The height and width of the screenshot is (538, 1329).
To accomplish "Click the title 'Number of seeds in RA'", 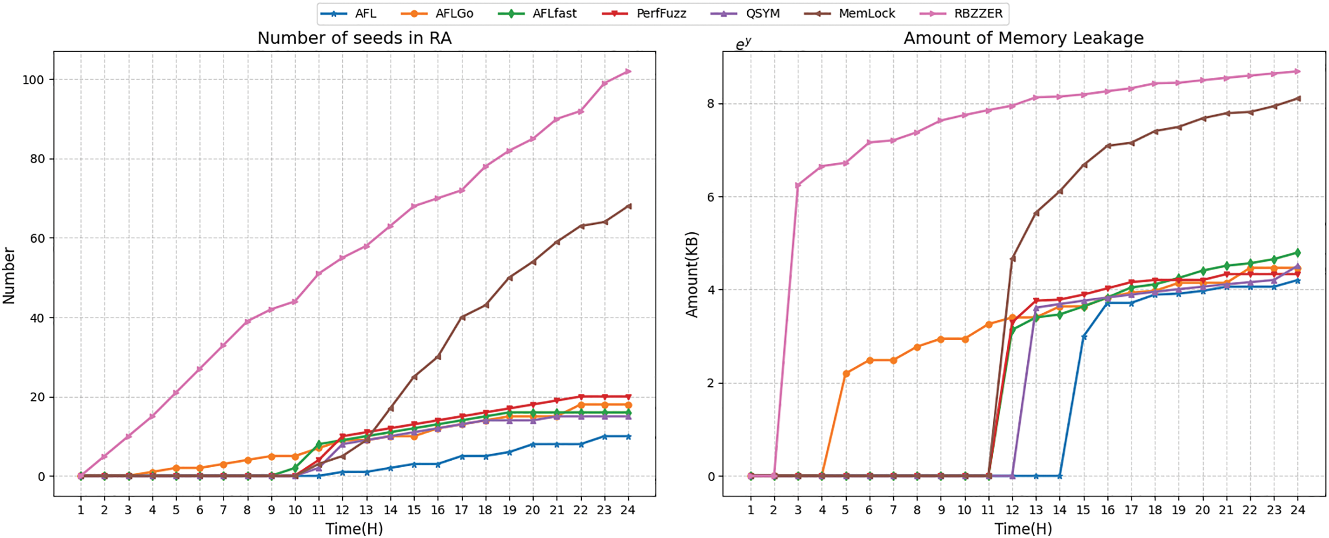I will click(354, 38).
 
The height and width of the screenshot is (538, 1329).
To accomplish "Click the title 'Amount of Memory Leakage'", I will click(1023, 38).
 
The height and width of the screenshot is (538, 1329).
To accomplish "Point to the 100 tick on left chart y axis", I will click(33, 80).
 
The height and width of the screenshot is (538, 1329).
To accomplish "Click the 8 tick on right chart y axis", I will click(711, 104).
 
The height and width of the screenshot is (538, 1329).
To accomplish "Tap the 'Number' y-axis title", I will click(9, 275).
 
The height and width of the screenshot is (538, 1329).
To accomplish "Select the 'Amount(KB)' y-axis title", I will click(691, 274).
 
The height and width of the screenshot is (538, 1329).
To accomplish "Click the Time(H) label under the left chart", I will click(354, 529).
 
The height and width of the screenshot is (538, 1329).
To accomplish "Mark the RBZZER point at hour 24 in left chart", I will click(628, 71).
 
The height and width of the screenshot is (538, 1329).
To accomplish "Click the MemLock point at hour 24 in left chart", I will click(628, 206).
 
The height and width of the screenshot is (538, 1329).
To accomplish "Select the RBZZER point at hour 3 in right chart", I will click(797, 185).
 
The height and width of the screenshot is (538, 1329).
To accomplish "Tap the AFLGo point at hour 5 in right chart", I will click(845, 373).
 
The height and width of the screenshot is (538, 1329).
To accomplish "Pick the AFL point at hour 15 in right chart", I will click(1083, 336).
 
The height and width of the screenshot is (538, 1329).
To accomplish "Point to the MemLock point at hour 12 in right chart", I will click(1012, 258).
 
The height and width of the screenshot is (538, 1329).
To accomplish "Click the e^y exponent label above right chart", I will click(743, 43).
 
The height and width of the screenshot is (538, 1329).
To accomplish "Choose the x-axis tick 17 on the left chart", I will click(461, 510).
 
